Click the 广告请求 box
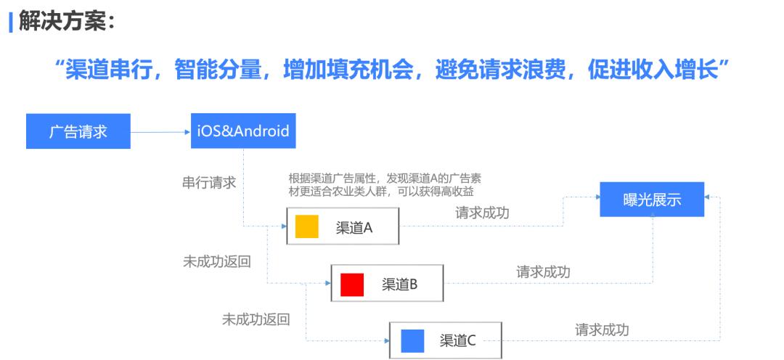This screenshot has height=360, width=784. [x=78, y=131]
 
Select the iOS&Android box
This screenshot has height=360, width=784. [x=243, y=131]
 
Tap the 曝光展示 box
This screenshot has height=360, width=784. [x=652, y=200]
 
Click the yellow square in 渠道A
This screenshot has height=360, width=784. [x=306, y=226]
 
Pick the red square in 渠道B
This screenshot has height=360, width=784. [x=352, y=284]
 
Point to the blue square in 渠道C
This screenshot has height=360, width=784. [x=412, y=340]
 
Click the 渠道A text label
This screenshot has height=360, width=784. [x=354, y=227]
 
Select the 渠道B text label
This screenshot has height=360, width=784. [x=400, y=285]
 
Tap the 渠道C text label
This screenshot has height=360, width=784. [x=458, y=340]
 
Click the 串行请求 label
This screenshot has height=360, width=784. [x=209, y=183]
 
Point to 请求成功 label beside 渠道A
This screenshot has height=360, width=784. [x=483, y=213]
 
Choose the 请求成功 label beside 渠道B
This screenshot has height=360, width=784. [x=543, y=271]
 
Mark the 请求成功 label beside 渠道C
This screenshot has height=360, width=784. [x=602, y=330]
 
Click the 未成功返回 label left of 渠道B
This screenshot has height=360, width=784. [x=217, y=261]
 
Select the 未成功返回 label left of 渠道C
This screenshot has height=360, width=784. [x=256, y=319]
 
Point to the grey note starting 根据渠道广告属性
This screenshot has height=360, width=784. [x=385, y=184]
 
